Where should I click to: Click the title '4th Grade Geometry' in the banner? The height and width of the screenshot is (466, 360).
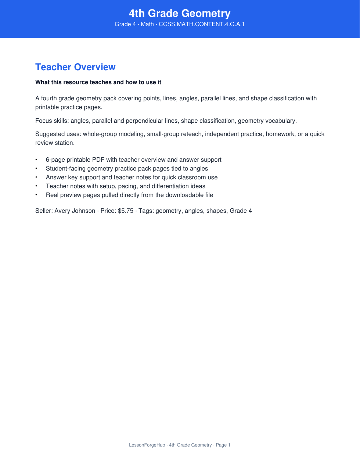pyautogui.click(x=180, y=14)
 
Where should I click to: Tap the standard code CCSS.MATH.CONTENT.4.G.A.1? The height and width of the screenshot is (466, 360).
pyautogui.click(x=202, y=24)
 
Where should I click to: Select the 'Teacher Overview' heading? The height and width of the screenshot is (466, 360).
pyautogui.click(x=75, y=67)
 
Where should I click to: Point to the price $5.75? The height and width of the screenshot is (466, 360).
pyautogui.click(x=126, y=211)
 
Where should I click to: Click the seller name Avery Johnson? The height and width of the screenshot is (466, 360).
pyautogui.click(x=75, y=211)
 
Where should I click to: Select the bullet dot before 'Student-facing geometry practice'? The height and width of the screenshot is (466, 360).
pyautogui.click(x=36, y=169)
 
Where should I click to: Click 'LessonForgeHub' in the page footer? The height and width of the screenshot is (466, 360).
pyautogui.click(x=147, y=445)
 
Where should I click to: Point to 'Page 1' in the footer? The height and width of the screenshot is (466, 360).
pyautogui.click(x=223, y=445)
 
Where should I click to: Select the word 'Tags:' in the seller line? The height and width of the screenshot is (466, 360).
pyautogui.click(x=146, y=211)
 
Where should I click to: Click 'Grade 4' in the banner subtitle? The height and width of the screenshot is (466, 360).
pyautogui.click(x=125, y=24)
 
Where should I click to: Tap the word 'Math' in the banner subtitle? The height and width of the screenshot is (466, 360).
pyautogui.click(x=147, y=24)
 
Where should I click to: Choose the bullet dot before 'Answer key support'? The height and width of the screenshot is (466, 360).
pyautogui.click(x=36, y=178)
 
